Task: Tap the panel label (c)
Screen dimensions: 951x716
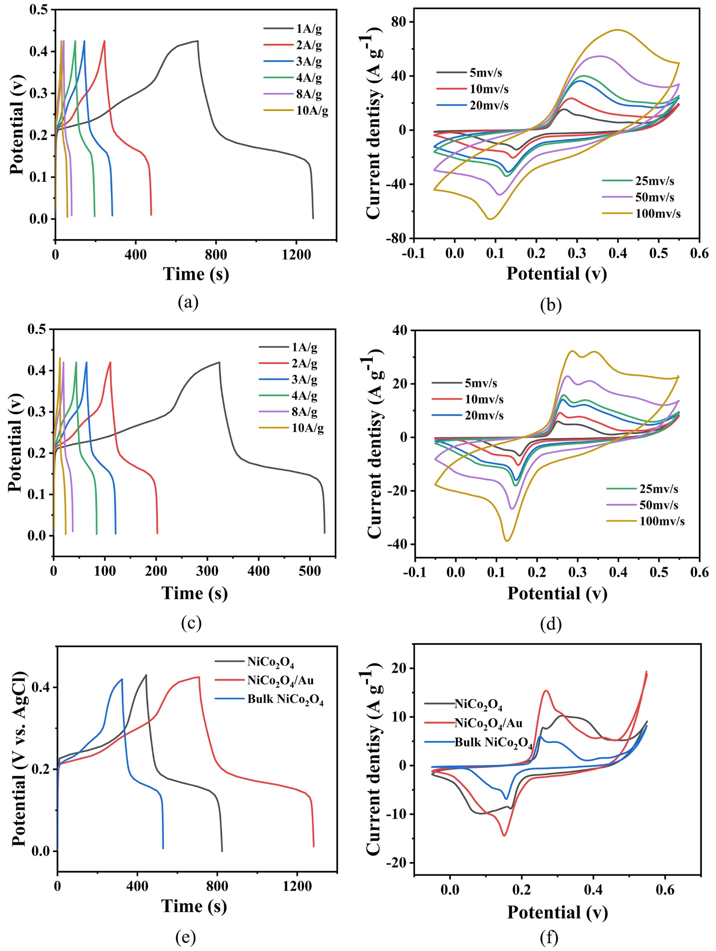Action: coord(191,623)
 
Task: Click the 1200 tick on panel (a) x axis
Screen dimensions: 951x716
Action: coord(296,255)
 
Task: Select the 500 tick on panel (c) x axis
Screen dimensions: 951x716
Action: coord(310,571)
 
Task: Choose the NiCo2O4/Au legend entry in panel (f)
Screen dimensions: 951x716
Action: coord(488,723)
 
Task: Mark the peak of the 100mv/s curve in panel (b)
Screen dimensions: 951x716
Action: coord(618,30)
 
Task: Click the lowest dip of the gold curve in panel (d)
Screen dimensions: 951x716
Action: coord(507,541)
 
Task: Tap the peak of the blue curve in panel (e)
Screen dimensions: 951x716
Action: coord(122,679)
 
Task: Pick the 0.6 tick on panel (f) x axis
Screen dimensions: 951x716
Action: coord(665,890)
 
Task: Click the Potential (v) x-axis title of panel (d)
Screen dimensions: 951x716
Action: coord(557,593)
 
